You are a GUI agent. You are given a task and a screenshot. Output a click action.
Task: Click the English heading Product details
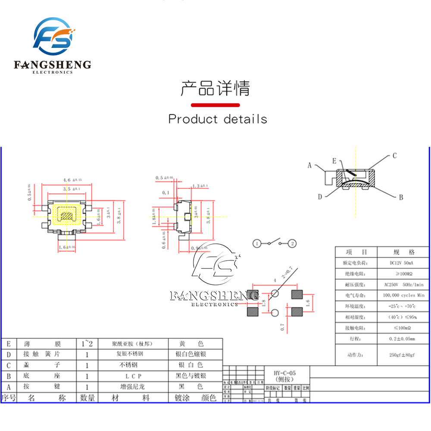click(x=218, y=119)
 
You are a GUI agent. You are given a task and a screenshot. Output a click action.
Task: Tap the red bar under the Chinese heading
click(x=215, y=105)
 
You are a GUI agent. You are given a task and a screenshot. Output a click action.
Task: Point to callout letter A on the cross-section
click(x=309, y=165)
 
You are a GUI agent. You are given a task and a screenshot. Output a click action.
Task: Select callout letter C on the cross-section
click(x=394, y=156)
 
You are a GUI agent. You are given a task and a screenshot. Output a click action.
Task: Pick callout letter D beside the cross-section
click(x=320, y=197)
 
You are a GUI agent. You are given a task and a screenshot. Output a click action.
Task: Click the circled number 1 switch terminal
click(x=257, y=244)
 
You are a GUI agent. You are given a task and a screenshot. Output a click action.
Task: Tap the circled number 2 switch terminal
click(x=292, y=244)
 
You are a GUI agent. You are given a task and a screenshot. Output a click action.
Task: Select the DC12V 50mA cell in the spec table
click(x=403, y=262)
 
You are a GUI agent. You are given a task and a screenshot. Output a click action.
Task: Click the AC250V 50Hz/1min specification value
click(x=403, y=284)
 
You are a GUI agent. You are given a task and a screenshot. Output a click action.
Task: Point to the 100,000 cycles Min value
click(x=403, y=296)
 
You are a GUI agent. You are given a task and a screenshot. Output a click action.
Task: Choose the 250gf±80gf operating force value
click(x=403, y=355)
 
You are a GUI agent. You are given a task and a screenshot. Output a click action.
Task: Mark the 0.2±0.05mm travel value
click(x=403, y=339)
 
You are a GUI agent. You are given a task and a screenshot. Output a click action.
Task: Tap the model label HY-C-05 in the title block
click(x=285, y=373)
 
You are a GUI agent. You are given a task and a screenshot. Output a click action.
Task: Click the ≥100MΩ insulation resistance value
click(x=403, y=273)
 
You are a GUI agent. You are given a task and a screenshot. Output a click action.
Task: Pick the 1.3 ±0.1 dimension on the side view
click(x=200, y=186)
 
